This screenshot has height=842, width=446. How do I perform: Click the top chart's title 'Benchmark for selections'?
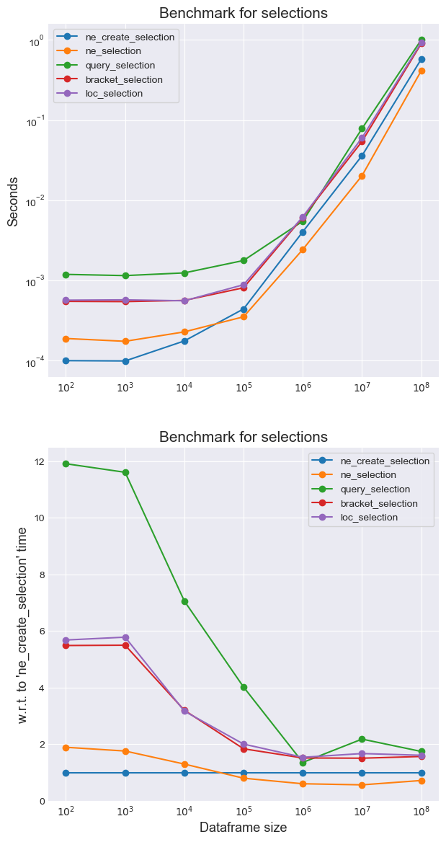[x=243, y=13]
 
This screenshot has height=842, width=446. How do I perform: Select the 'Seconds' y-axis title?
[x=13, y=201]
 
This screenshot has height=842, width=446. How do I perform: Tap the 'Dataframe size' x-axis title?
[x=243, y=828]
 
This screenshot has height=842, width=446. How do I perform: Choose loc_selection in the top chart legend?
[x=114, y=93]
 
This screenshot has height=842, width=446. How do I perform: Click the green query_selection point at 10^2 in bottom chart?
[x=66, y=464]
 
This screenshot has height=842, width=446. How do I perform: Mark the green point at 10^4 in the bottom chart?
[x=184, y=601]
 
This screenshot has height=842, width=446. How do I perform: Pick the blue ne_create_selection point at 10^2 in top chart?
[x=66, y=360]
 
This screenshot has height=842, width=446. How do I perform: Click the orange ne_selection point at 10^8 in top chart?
[x=422, y=71]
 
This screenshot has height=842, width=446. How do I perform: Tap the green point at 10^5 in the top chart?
[x=244, y=260]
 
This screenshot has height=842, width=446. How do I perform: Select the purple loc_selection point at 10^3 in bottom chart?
[x=125, y=637]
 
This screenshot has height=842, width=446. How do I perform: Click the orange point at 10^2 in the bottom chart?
[x=66, y=748]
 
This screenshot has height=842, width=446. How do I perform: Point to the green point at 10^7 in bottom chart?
[x=362, y=739]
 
